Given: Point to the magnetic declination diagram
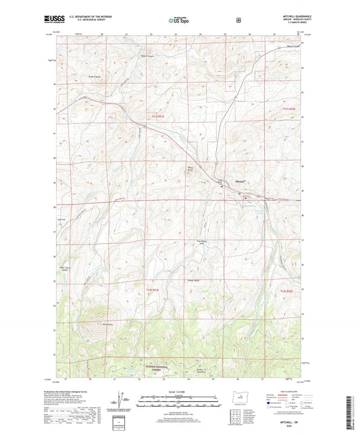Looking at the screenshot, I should click(x=116, y=405).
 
